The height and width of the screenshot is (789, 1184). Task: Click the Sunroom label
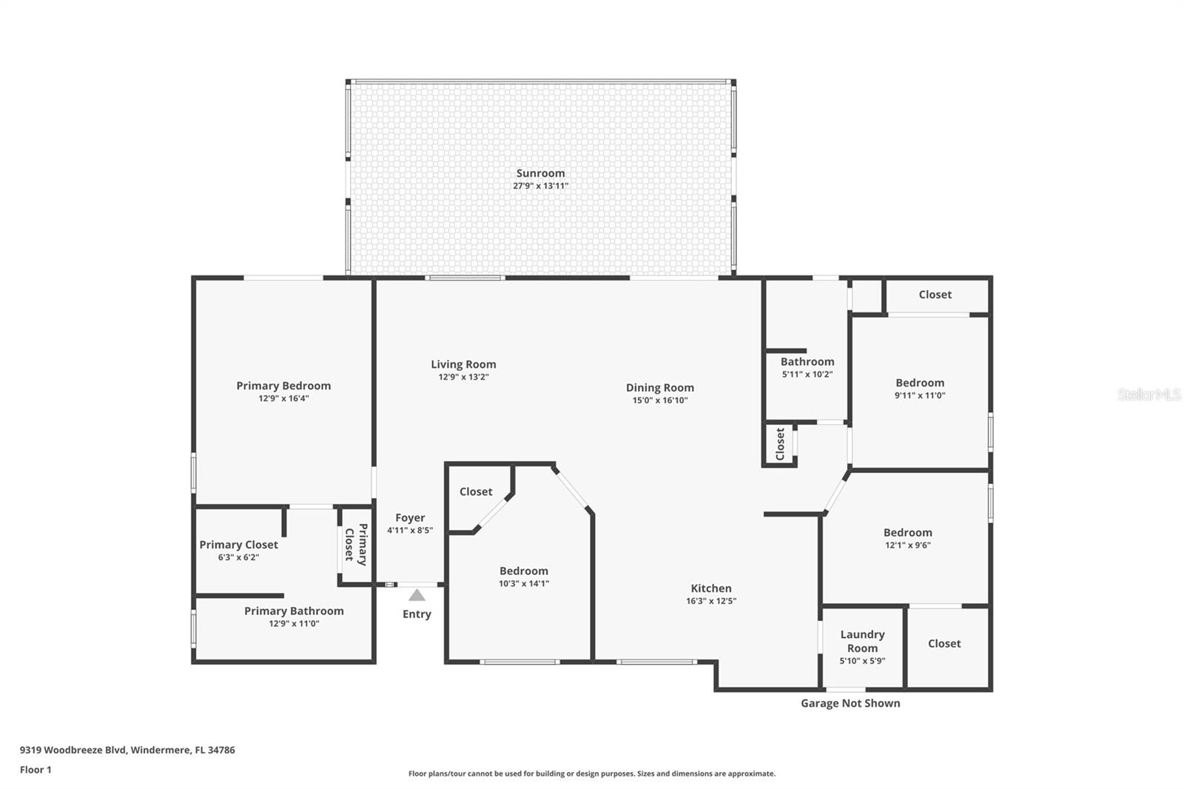click(540, 173)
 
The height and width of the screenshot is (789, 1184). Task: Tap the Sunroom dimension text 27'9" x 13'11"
click(540, 186)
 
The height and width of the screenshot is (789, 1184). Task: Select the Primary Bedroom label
click(283, 386)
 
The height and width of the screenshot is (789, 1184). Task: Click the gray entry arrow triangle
click(417, 595)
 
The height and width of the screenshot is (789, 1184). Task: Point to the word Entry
click(417, 614)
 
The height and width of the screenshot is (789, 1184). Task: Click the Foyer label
click(410, 518)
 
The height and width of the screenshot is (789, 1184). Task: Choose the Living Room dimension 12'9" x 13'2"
click(463, 377)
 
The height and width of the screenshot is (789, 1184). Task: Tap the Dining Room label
click(659, 388)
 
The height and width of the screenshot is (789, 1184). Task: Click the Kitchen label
click(711, 588)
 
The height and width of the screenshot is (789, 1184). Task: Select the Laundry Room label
click(862, 641)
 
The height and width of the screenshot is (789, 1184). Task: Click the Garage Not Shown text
click(850, 703)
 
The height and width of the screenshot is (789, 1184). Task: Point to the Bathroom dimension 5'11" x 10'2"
click(807, 375)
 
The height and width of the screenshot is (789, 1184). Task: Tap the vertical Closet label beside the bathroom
click(780, 444)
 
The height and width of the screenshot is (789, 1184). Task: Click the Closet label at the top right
click(935, 295)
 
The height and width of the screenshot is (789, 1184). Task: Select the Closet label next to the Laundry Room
click(944, 644)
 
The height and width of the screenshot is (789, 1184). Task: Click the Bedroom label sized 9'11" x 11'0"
click(920, 383)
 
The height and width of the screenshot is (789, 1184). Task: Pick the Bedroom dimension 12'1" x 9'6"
click(907, 545)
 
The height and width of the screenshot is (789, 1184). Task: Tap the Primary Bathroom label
click(294, 611)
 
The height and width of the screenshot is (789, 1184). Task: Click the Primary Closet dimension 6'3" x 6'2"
click(238, 557)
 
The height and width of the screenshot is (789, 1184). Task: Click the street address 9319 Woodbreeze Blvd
click(74, 750)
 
